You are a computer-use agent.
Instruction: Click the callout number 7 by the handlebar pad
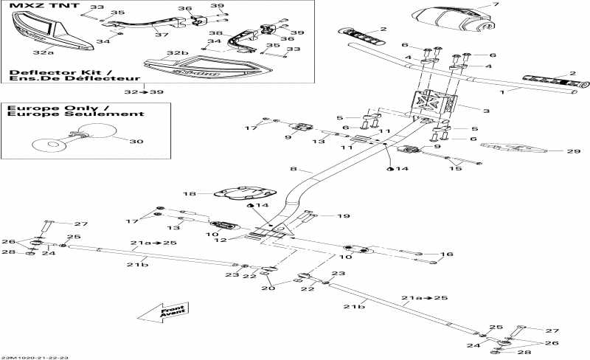coord(496,5)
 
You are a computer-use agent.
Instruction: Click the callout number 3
coord(486,111)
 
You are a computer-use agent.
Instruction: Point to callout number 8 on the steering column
coord(293,170)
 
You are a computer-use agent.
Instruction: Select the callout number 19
coord(343,216)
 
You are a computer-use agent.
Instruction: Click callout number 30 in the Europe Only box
coord(133,142)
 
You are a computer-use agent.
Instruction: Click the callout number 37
coord(156,34)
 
